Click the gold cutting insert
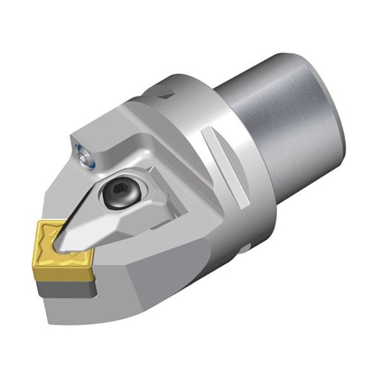pos(63,245)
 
